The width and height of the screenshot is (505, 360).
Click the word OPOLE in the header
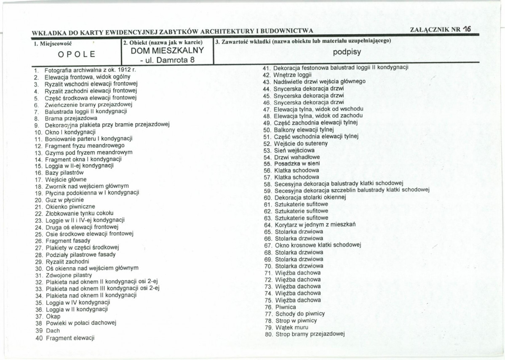(77, 54)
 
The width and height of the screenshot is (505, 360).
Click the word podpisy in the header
(347, 53)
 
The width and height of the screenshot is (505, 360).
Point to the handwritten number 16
(466, 29)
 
